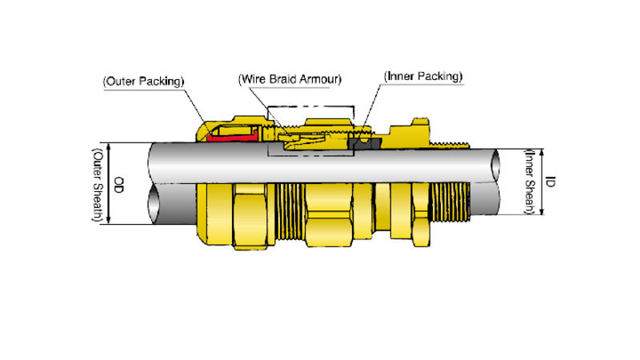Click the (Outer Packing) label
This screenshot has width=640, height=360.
click(144, 82)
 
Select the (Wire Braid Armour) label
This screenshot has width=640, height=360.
click(290, 79)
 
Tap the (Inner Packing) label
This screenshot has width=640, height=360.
click(423, 76)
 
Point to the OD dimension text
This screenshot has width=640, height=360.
click(118, 185)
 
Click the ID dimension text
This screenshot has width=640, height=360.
click(550, 182)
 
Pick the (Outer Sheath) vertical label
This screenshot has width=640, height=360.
click(98, 185)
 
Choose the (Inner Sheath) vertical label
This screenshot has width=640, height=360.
click(530, 182)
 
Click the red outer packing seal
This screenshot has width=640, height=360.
click(232, 137)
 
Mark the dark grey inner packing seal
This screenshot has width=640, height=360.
click(365, 143)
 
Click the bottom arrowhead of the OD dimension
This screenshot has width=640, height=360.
click(109, 220)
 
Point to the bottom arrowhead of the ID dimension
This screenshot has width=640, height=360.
click(542, 210)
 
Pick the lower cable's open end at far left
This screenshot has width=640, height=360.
click(154, 204)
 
